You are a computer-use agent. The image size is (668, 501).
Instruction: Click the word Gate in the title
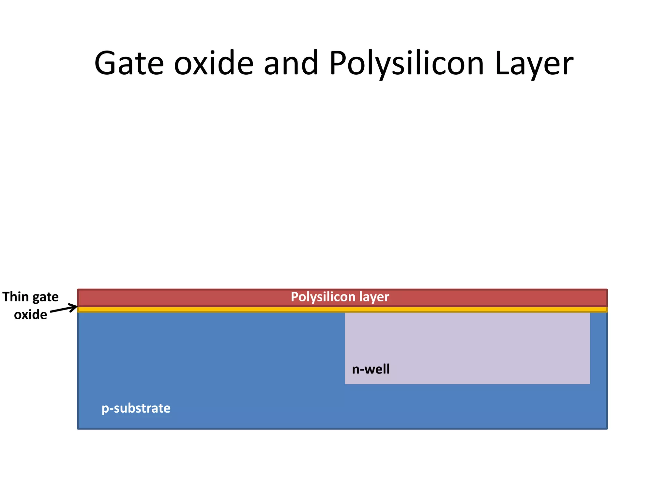[129, 64]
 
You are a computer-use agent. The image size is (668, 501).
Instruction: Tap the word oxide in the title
[214, 64]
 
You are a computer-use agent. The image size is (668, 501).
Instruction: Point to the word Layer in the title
[534, 64]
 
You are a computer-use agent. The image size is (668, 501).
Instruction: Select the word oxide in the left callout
[30, 315]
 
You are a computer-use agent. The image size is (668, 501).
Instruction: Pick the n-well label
[371, 369]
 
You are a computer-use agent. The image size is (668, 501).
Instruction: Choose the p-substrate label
[136, 408]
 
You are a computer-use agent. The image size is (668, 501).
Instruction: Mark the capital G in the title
[107, 64]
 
